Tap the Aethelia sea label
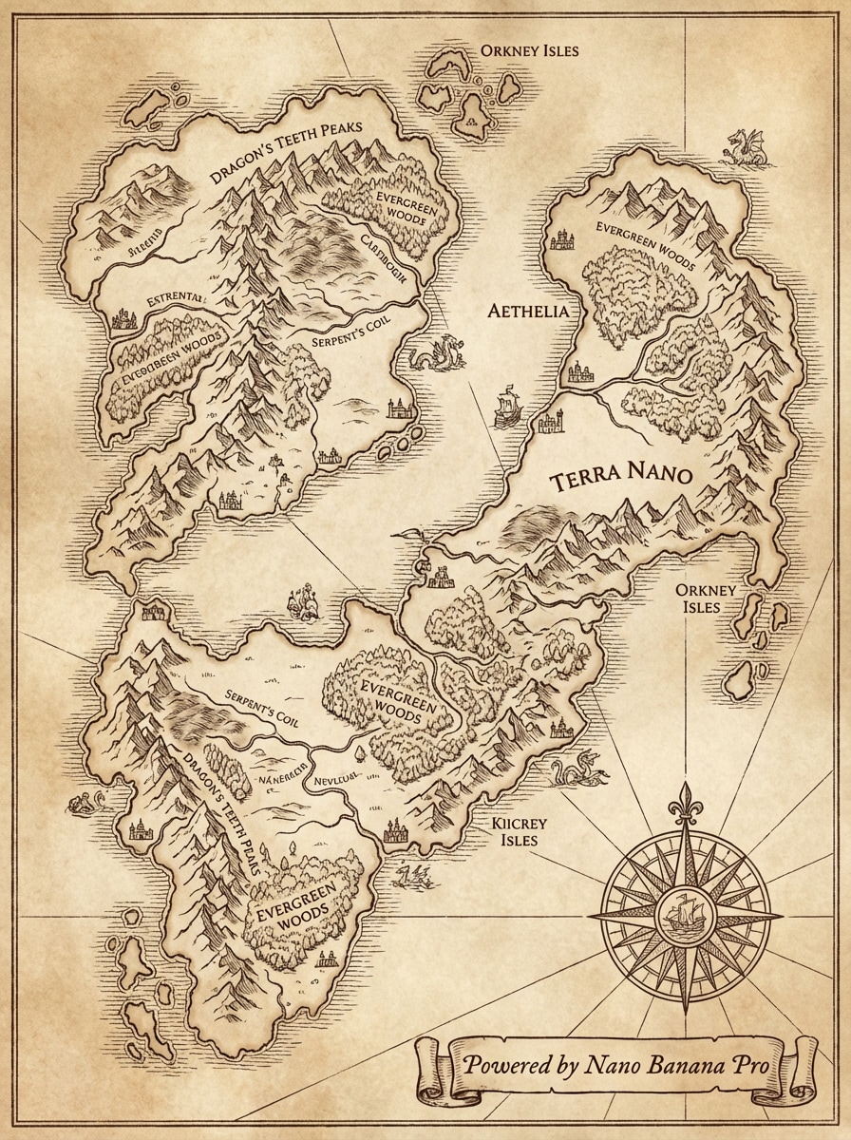coord(528,312)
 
